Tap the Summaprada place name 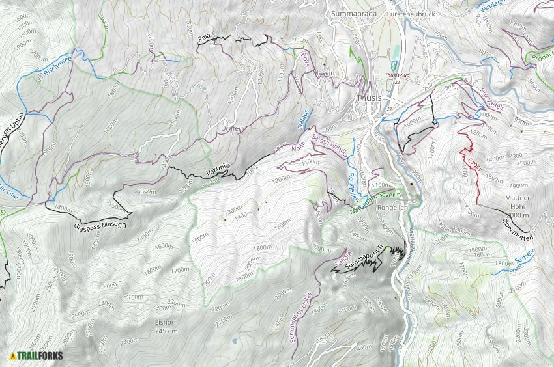[x=355, y=13]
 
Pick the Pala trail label [x=203, y=40]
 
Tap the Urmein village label [x=233, y=128]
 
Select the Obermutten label [x=518, y=225]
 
